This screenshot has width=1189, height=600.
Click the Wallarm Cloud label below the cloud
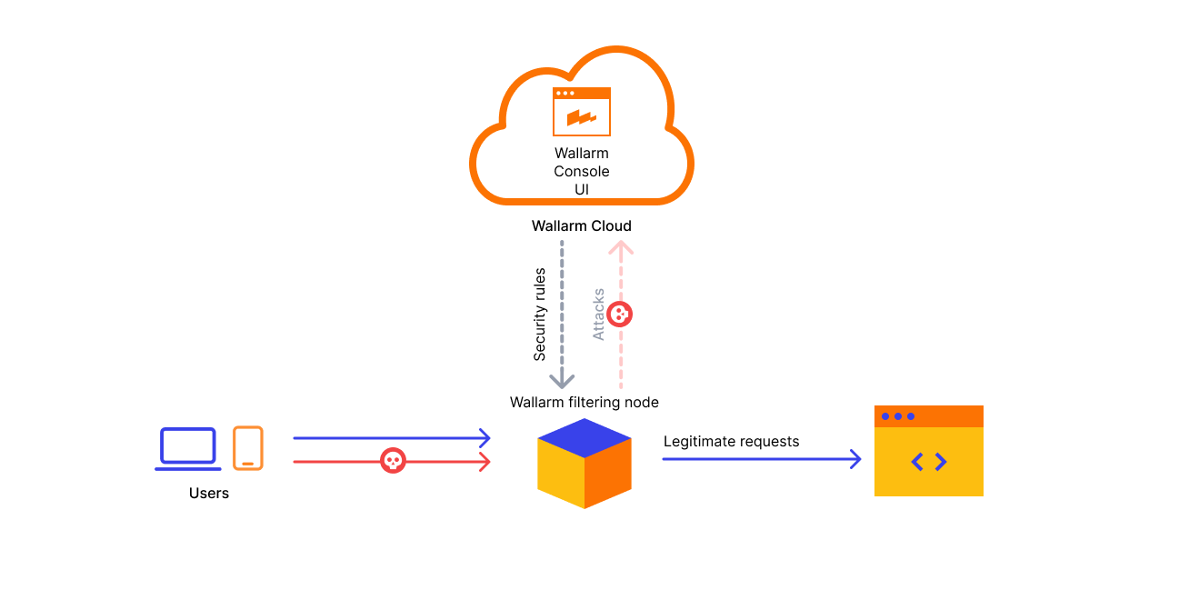(581, 225)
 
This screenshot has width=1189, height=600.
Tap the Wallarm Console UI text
(582, 171)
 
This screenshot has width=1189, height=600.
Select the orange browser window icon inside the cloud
(582, 112)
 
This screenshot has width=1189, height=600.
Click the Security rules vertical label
(540, 314)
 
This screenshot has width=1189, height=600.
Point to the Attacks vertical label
(598, 315)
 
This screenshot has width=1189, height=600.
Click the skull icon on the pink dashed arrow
(620, 315)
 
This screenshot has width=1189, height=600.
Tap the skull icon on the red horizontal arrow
(392, 461)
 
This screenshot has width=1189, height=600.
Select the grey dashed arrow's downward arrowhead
(562, 380)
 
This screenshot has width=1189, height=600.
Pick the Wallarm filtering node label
(584, 402)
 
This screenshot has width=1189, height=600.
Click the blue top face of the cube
(584, 437)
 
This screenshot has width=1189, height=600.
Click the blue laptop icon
(188, 448)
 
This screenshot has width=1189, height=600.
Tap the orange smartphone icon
(247, 448)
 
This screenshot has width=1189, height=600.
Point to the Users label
(209, 494)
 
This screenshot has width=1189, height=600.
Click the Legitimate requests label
(731, 442)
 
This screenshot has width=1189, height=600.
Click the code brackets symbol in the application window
(928, 462)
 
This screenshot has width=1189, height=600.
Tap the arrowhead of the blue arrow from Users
(485, 438)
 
